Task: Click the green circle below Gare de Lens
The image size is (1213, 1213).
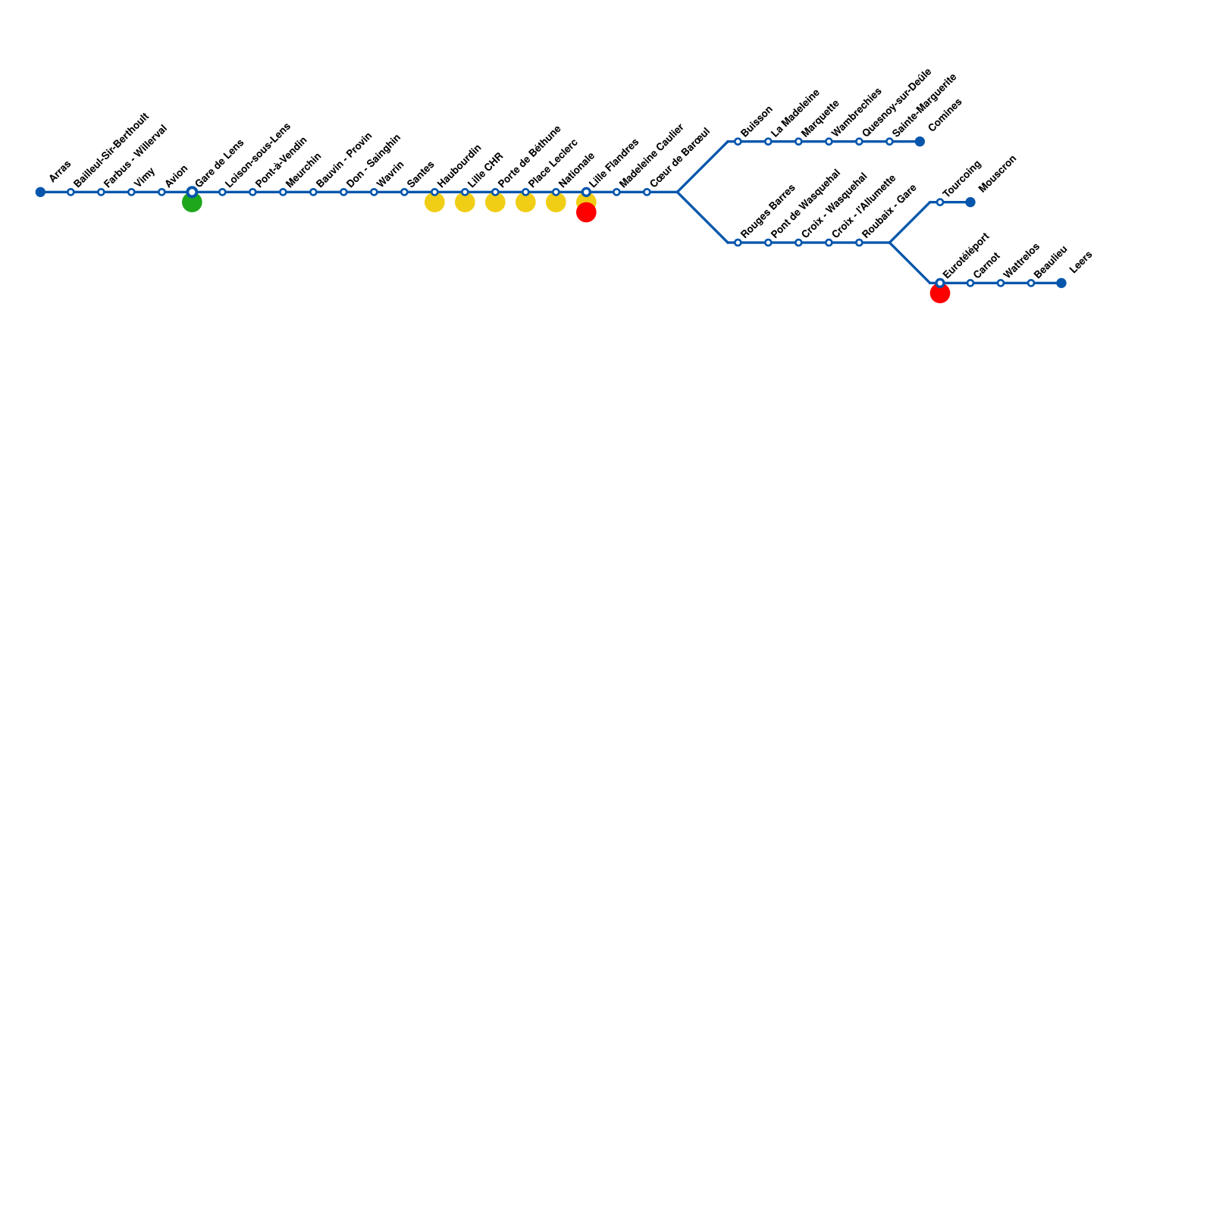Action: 192,202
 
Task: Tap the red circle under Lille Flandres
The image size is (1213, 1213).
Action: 586,213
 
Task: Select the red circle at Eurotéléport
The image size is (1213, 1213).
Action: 940,293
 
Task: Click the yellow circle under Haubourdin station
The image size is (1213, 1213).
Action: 434,202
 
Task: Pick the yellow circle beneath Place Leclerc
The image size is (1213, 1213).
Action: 525,202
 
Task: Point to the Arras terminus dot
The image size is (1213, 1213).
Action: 40,192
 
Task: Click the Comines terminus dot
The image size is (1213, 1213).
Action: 920,142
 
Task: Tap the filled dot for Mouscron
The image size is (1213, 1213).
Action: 970,202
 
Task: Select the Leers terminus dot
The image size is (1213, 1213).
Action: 1061,283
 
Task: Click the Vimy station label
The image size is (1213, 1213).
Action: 145,177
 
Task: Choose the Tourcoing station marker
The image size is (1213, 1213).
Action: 940,202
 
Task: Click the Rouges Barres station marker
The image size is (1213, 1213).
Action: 738,243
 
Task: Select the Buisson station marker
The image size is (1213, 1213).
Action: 738,142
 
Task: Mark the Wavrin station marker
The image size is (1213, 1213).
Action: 374,192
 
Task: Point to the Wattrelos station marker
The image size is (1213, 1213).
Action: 1001,283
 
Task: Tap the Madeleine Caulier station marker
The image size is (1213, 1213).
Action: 616,192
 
